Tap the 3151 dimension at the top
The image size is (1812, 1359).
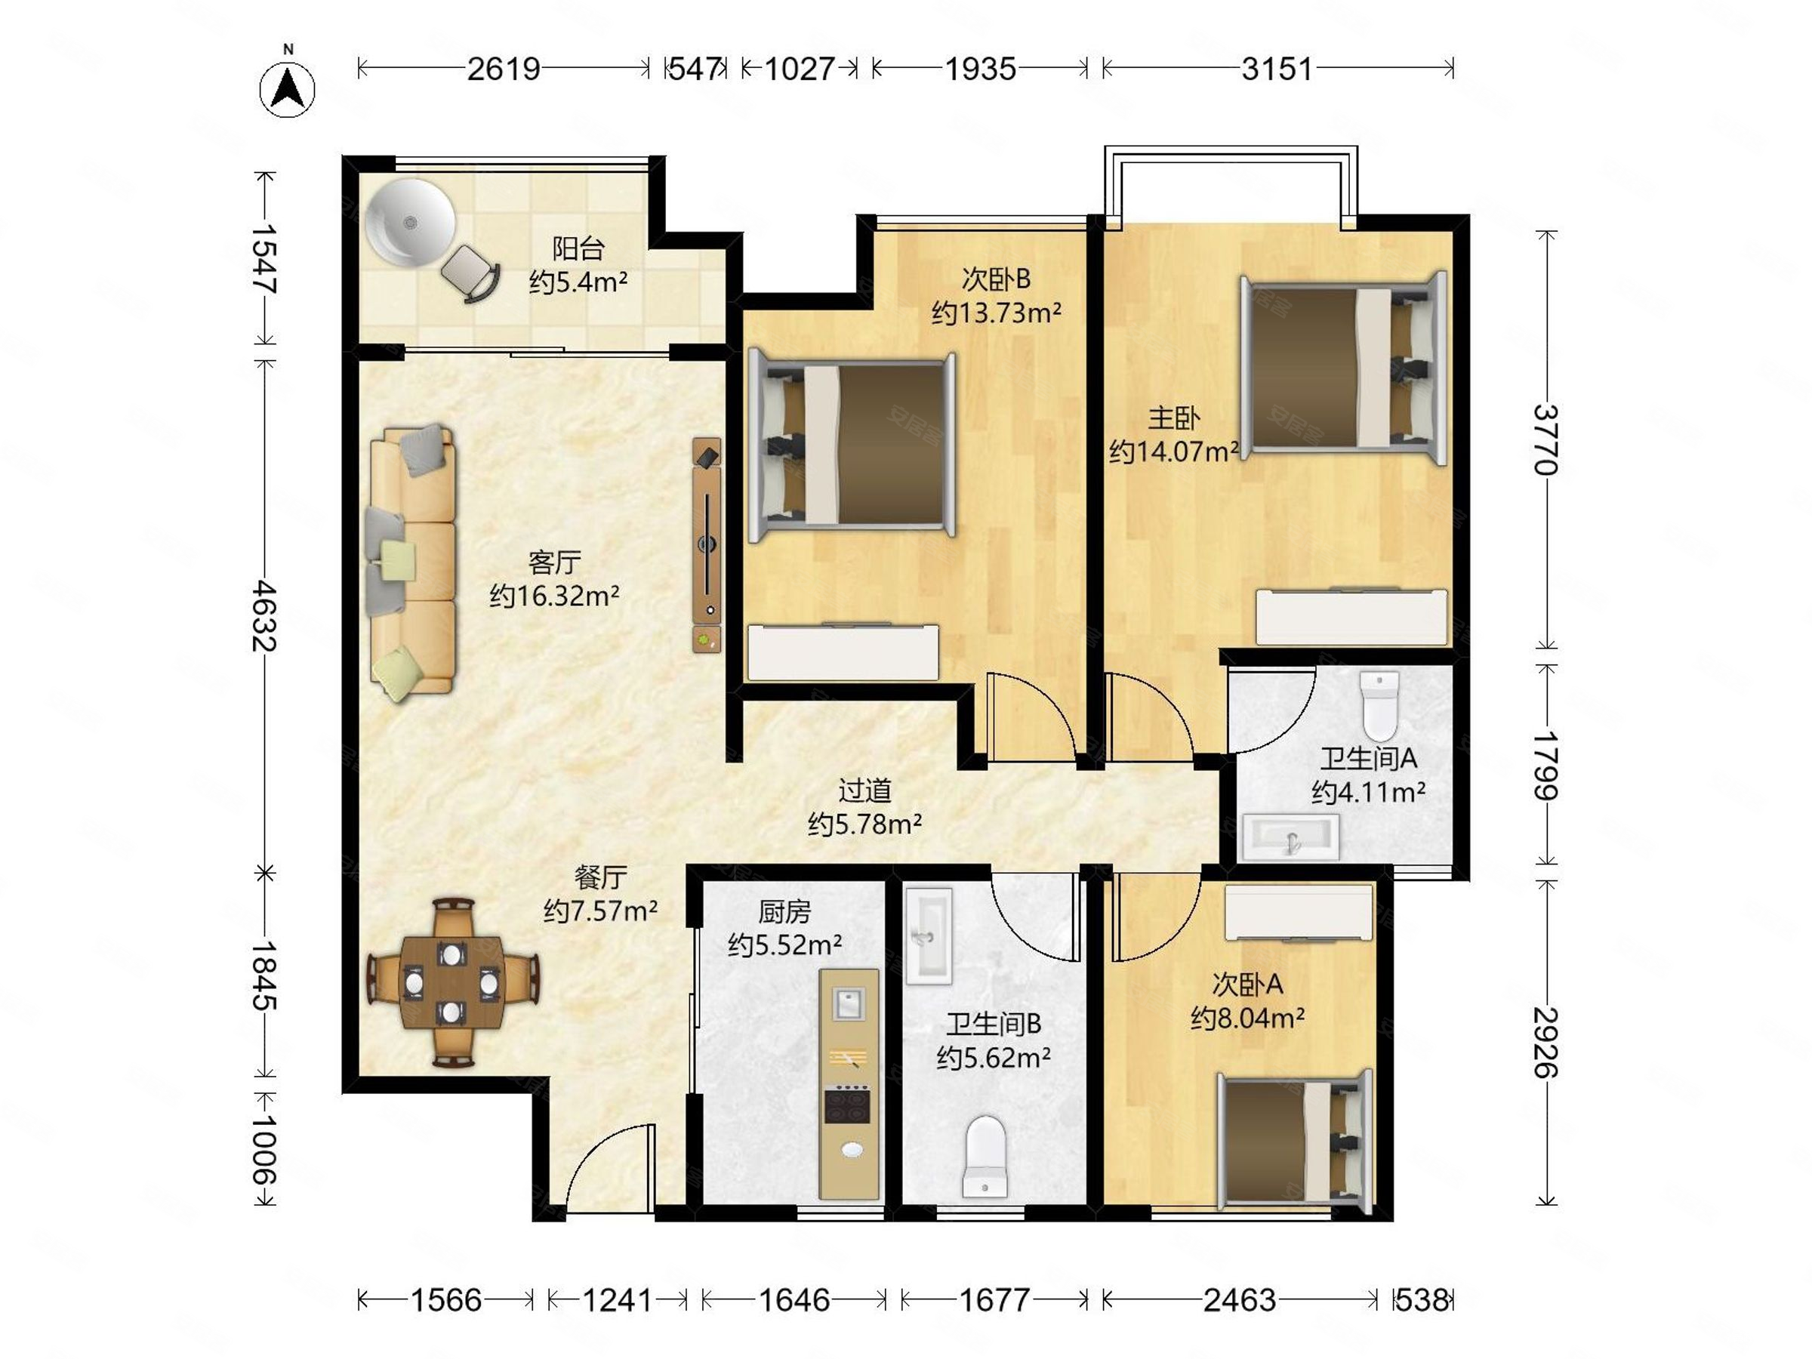pyautogui.click(x=1277, y=69)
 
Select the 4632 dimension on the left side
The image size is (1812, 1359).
pyautogui.click(x=263, y=616)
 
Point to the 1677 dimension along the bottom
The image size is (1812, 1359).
pyautogui.click(x=994, y=1299)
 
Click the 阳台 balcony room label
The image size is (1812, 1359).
pyautogui.click(x=578, y=248)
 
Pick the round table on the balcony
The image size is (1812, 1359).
pyautogui.click(x=409, y=222)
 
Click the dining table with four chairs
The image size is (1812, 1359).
pyautogui.click(x=452, y=983)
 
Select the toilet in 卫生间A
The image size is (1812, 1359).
pyautogui.click(x=1379, y=706)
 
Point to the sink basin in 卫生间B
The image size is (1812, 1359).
pyautogui.click(x=929, y=935)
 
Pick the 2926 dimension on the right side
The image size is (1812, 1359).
pyautogui.click(x=1545, y=1042)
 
